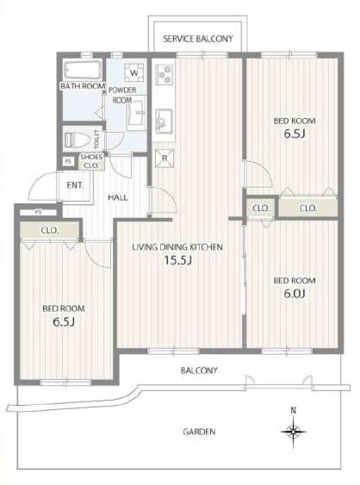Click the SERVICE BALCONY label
[x=198, y=39]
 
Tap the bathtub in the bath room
[x=83, y=71]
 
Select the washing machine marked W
[x=133, y=73]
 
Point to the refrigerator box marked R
[x=164, y=159]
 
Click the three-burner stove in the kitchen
[x=164, y=74]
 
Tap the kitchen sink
[x=164, y=121]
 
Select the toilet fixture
[x=77, y=140]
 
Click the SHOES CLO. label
[x=91, y=161]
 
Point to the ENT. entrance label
[x=75, y=185]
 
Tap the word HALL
[x=118, y=197]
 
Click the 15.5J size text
[x=177, y=260]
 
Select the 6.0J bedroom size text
[x=295, y=293]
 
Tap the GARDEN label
[x=199, y=432]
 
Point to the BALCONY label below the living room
[x=199, y=370]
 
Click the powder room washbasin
[x=136, y=112]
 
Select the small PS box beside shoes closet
[x=68, y=161]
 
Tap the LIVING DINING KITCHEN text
[x=177, y=247]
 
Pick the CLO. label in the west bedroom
[x=50, y=230]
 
